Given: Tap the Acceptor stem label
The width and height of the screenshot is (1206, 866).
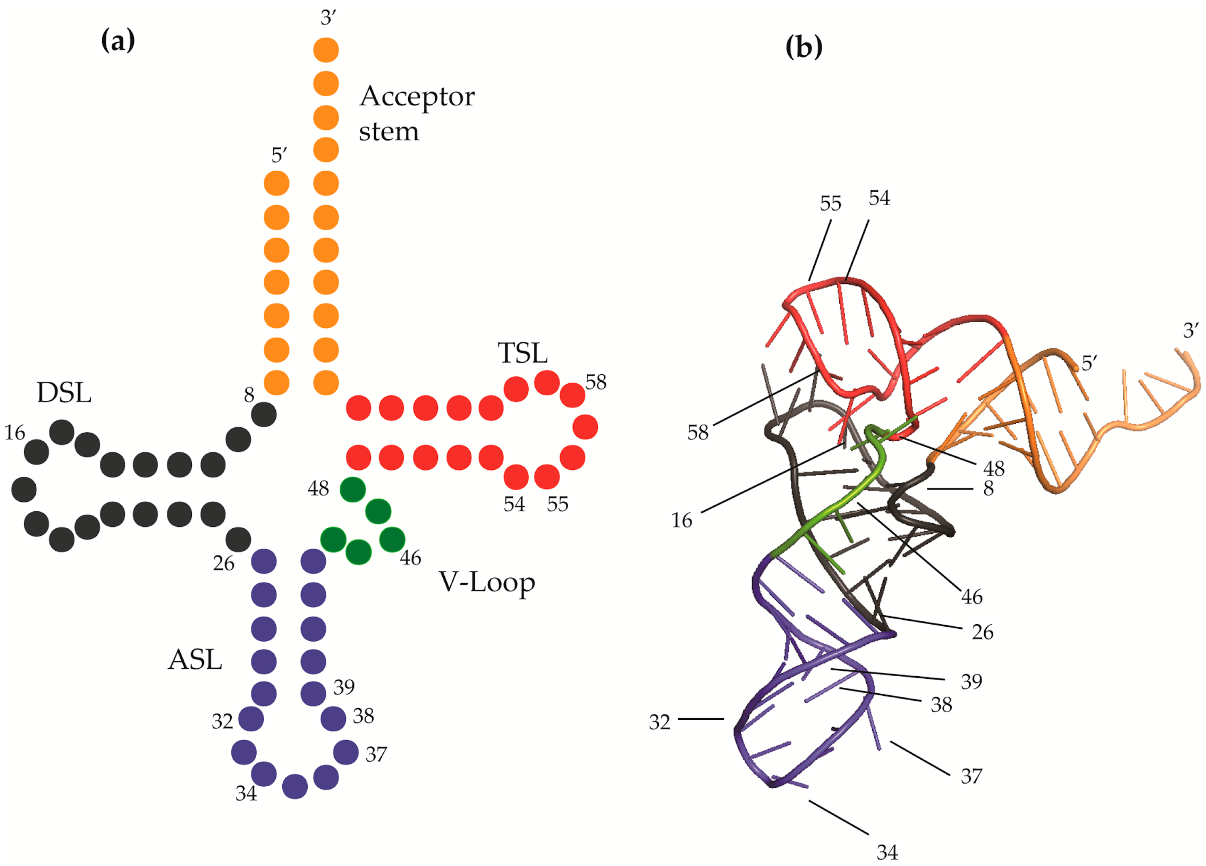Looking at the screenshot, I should tap(417, 113).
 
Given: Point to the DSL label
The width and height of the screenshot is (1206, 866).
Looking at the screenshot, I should tap(64, 393).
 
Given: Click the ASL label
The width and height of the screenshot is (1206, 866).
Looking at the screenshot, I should tap(195, 660).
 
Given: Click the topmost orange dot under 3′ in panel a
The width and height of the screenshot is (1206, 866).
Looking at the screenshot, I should tap(326, 50).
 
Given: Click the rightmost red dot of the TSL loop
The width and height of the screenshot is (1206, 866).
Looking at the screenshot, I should tap(586, 427).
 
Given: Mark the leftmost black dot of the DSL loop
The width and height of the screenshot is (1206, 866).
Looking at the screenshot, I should tap(24, 489).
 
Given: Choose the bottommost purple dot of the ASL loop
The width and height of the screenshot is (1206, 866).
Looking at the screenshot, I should tap(295, 786).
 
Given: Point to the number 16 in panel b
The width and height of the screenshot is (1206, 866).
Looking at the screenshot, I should tap(682, 520).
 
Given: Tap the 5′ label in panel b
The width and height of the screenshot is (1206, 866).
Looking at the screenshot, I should tap(1089, 363).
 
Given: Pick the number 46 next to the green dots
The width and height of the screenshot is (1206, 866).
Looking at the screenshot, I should tap(410, 558).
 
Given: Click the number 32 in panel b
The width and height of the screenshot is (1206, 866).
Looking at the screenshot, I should tap(659, 722).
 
